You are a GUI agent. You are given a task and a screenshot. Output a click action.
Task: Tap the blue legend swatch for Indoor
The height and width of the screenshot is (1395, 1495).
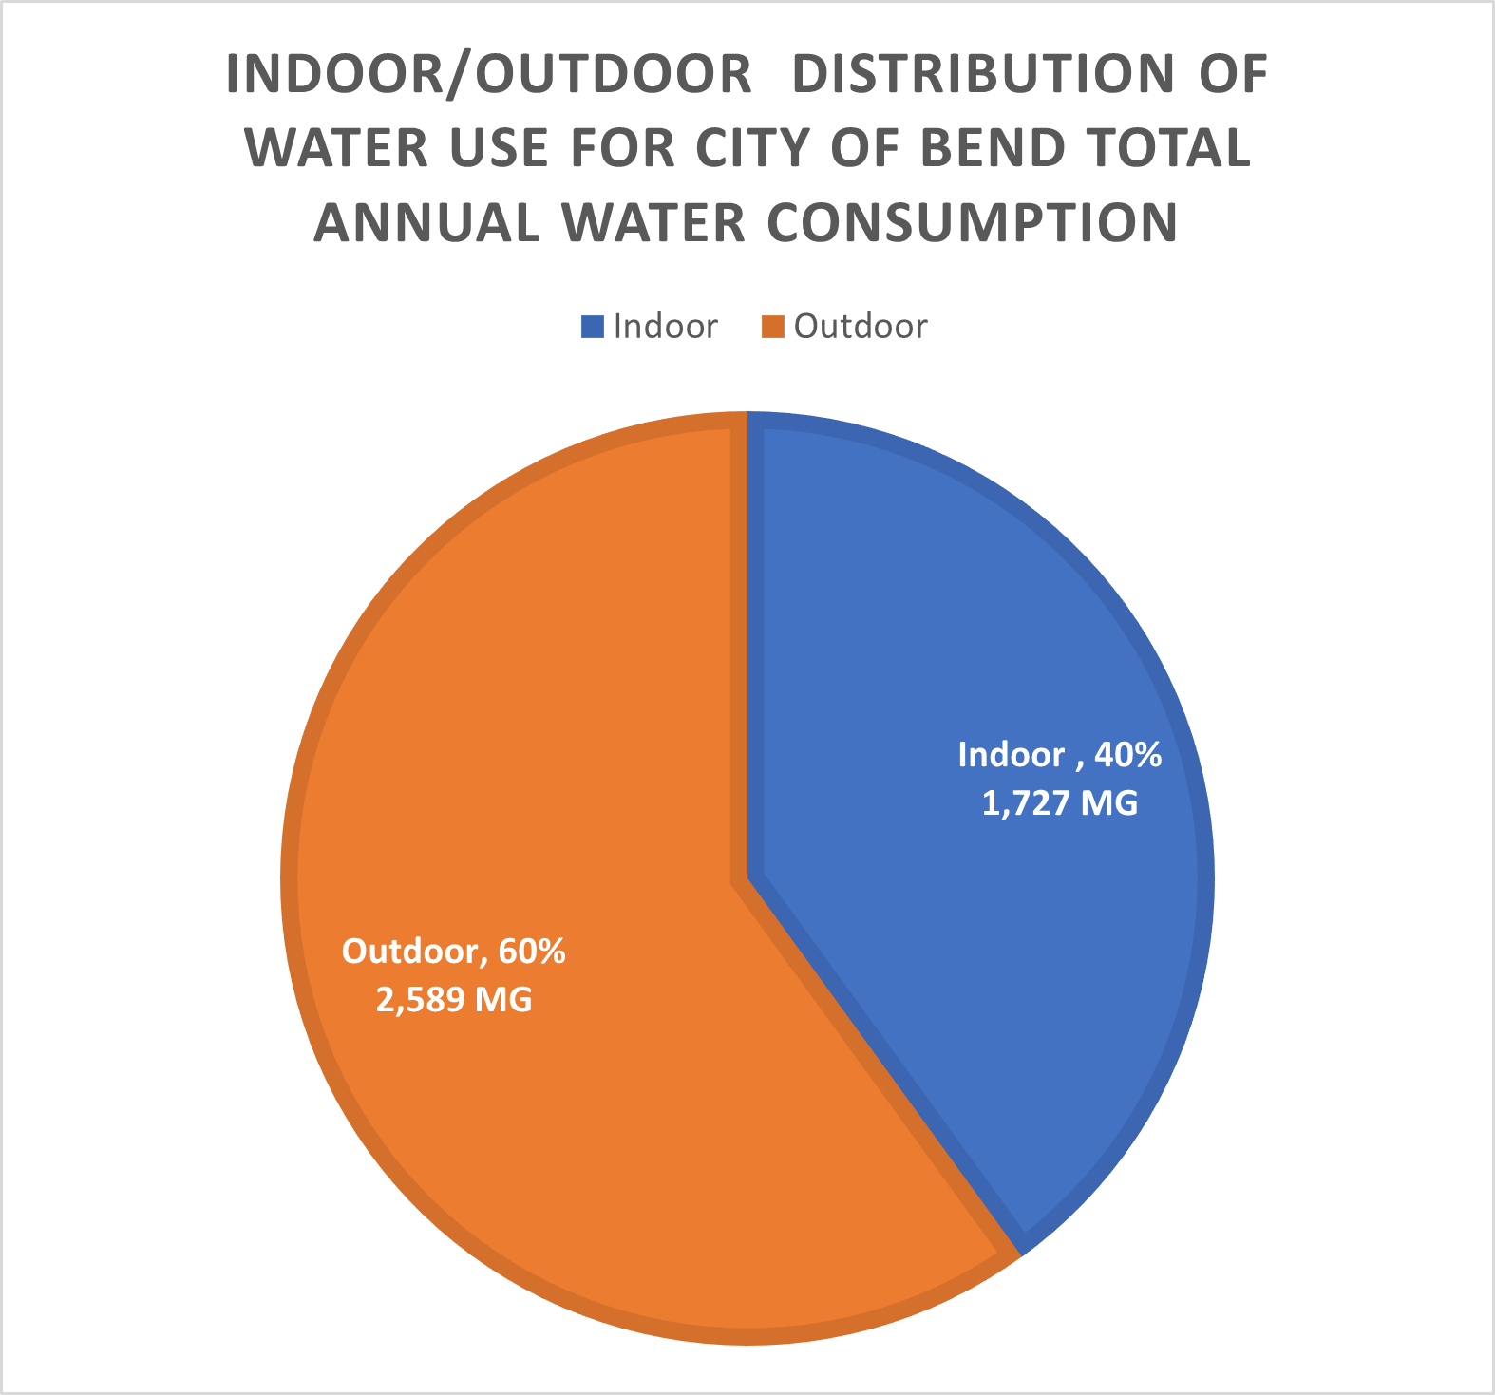click(x=592, y=327)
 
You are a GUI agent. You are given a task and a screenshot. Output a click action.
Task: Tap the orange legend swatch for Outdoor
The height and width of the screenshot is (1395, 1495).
click(x=773, y=327)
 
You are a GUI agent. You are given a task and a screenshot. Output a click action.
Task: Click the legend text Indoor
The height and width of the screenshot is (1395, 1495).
click(x=665, y=327)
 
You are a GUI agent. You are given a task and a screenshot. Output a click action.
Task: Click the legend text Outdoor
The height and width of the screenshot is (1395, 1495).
click(x=861, y=327)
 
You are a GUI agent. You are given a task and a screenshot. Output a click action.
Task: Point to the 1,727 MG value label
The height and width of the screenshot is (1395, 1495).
click(x=1059, y=804)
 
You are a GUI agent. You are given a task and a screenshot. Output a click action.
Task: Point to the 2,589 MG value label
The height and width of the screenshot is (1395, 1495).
click(x=454, y=1000)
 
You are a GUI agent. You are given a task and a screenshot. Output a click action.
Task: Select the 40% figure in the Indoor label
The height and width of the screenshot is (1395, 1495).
click(x=1127, y=755)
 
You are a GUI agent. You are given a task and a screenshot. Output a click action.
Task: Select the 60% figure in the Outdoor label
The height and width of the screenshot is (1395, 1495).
click(x=532, y=951)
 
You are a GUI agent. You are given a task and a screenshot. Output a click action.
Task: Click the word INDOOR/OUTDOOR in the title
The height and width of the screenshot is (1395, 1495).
click(x=488, y=75)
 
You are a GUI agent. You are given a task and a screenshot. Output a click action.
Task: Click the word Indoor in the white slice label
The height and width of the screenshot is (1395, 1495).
click(x=1011, y=755)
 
